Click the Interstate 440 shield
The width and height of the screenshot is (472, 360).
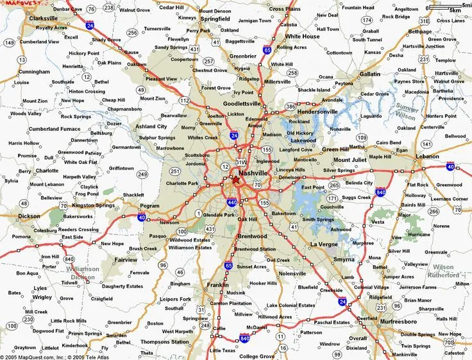click(232, 202)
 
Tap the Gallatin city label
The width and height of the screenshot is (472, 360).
click(369, 74)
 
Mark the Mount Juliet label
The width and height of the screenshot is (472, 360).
click(350, 160)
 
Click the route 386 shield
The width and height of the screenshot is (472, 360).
click(291, 106)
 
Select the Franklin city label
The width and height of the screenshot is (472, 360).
click(218, 284)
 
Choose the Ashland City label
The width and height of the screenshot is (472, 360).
click(151, 126)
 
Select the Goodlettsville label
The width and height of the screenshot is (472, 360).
click(242, 103)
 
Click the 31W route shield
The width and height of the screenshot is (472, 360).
click(240, 162)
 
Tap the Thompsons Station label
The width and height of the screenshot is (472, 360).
click(164, 341)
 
